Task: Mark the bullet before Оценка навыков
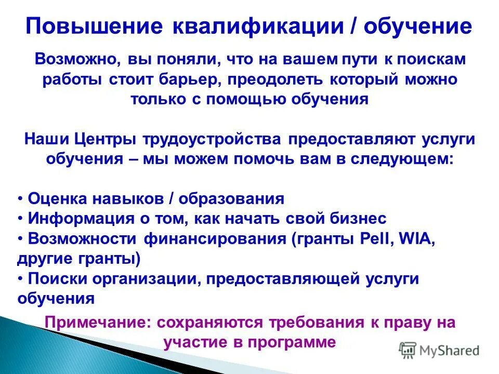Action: pos(20,198)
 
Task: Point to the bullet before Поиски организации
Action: pos(20,278)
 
